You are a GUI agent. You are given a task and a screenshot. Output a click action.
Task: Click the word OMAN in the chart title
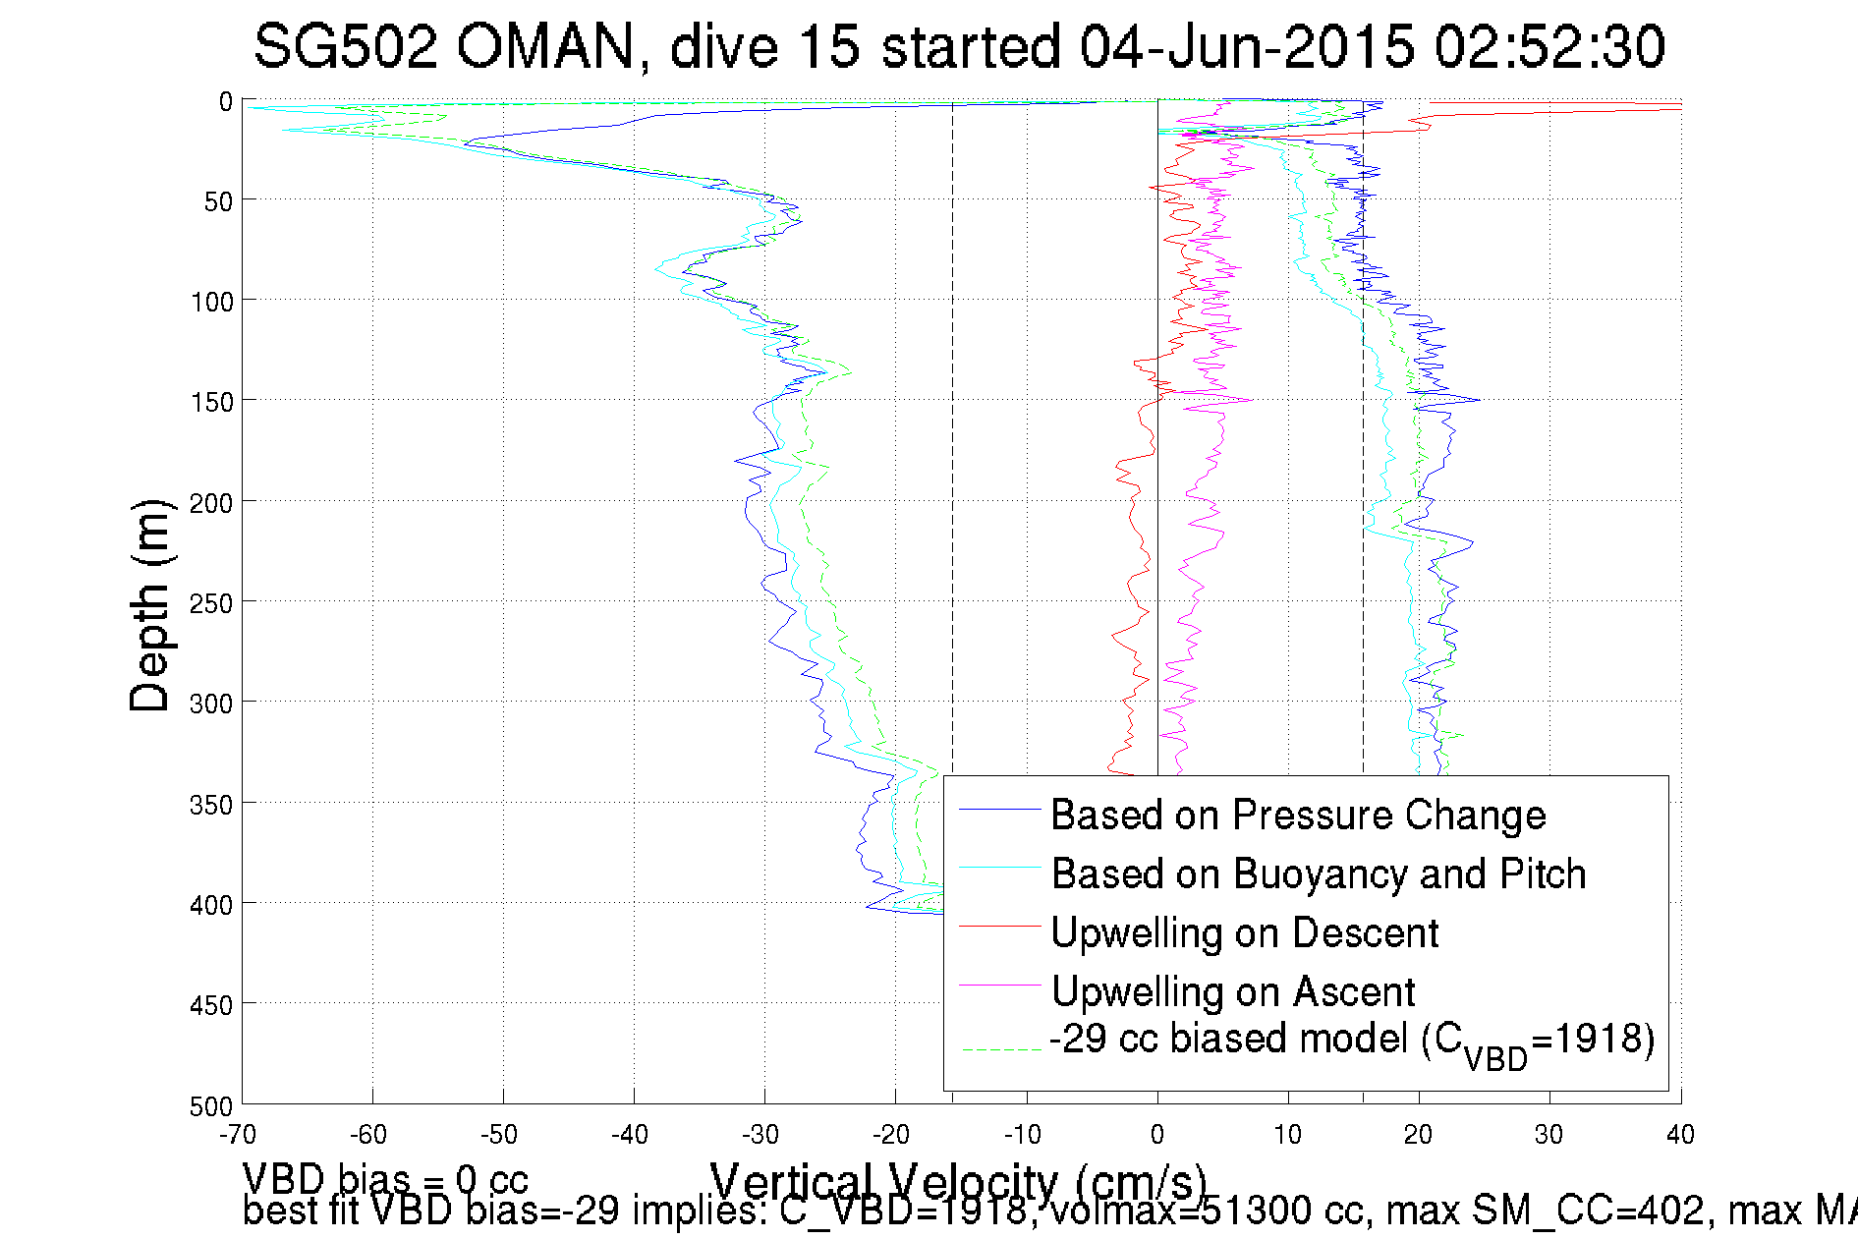point(545,46)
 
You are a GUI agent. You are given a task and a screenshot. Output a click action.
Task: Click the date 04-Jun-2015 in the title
point(1247,46)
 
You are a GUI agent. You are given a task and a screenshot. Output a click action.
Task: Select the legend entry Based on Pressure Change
point(1298,815)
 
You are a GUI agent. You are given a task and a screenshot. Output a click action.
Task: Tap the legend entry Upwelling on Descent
point(1244,932)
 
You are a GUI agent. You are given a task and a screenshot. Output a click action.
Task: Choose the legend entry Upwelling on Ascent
point(1233,991)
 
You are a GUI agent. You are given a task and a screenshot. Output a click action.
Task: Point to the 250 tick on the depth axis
point(211,603)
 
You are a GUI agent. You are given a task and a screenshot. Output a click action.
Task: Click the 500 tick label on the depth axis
point(211,1106)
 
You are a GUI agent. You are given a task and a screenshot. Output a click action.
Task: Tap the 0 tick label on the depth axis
point(226,101)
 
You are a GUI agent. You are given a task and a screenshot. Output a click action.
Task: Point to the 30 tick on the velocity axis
point(1548,1135)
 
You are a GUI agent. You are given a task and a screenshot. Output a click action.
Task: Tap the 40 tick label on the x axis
point(1680,1135)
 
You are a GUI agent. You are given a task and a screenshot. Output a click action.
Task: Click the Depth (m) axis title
point(150,605)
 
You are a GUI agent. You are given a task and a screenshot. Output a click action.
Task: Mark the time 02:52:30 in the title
point(1549,46)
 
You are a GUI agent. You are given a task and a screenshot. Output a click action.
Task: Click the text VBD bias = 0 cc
point(385,1178)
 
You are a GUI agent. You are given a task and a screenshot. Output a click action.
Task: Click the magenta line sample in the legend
point(999,986)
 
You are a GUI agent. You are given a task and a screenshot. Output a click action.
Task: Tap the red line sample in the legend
point(999,927)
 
